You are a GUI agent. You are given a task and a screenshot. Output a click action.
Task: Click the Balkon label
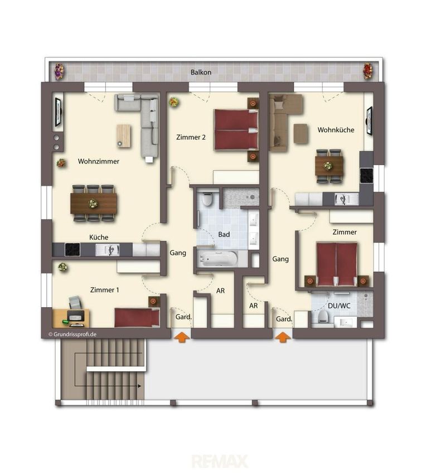[201, 72]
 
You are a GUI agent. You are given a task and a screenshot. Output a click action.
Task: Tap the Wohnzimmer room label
[99, 161]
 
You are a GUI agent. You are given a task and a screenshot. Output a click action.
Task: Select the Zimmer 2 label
[191, 137]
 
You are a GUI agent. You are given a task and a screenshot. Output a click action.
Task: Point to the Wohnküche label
[336, 130]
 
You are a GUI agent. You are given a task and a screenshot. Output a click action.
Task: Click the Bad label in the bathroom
[224, 234]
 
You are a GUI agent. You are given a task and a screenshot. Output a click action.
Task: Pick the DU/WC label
[339, 306]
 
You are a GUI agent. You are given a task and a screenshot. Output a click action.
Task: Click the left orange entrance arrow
[182, 337]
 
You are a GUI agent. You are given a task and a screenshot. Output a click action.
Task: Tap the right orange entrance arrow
[283, 337]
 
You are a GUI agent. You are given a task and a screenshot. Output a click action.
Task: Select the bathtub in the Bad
[217, 259]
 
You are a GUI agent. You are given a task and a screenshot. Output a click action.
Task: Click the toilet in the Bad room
[207, 199]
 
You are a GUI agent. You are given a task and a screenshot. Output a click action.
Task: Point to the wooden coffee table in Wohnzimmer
[124, 136]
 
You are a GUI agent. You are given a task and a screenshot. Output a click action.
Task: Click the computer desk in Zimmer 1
[71, 318]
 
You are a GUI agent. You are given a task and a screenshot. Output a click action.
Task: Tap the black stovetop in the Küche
[72, 250]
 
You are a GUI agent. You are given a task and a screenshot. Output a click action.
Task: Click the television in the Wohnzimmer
[58, 113]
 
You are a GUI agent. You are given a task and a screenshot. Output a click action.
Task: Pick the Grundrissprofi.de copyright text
[72, 335]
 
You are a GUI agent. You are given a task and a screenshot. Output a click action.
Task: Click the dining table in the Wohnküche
[329, 166]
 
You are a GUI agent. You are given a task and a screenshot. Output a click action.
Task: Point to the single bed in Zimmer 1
[137, 317]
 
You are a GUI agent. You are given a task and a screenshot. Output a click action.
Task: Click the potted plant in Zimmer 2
[174, 102]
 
